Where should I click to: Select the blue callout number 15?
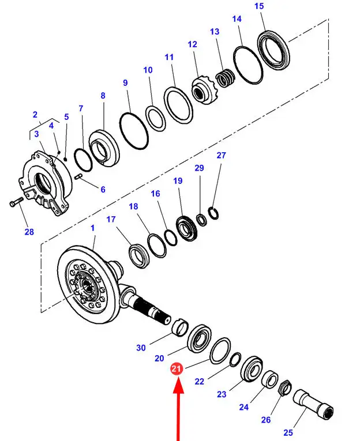pyautogui.click(x=258, y=6)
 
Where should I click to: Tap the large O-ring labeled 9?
pyautogui.click(x=134, y=130)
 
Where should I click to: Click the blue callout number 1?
pyautogui.click(x=92, y=228)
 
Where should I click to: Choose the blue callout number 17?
pyautogui.click(x=111, y=219)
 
